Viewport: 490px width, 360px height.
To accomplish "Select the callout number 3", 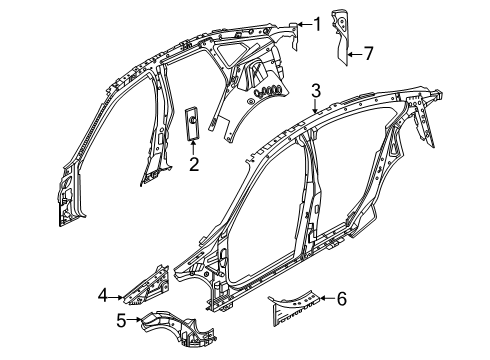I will click(x=315, y=91).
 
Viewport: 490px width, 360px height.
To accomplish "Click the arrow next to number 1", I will click(x=304, y=22).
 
